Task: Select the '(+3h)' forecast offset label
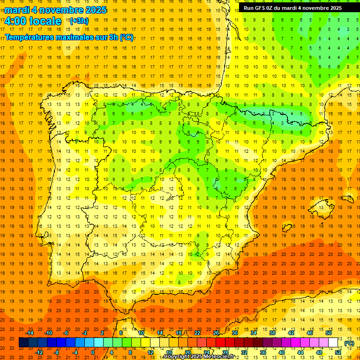[78, 21]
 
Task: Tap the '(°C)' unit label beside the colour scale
[349, 343]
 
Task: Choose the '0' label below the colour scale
[93, 352]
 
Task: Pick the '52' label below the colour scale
[338, 352]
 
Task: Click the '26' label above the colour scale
[216, 333]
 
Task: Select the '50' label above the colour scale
[328, 333]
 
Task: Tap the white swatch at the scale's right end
[333, 343]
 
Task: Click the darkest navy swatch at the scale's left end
[23, 343]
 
